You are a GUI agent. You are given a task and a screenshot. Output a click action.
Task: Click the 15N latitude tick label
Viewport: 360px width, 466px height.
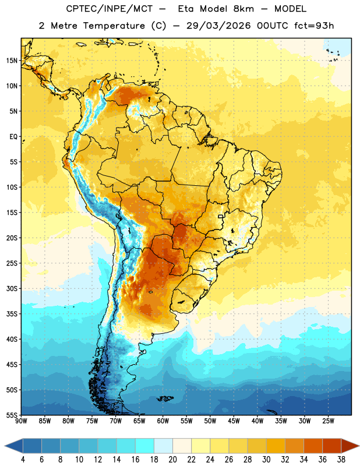pyautogui.click(x=12, y=61)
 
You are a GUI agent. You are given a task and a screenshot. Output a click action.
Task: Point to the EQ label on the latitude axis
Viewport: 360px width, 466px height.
pyautogui.click(x=13, y=137)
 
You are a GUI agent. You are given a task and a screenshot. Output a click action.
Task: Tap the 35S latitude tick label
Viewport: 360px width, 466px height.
pyautogui.click(x=12, y=314)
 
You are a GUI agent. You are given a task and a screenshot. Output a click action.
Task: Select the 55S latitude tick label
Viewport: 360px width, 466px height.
pyautogui.click(x=12, y=415)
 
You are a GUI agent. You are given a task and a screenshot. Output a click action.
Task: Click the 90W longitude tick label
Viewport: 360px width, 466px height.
pyautogui.click(x=21, y=421)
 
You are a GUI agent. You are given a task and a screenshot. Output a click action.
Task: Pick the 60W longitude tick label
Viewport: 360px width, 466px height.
pyautogui.click(x=163, y=421)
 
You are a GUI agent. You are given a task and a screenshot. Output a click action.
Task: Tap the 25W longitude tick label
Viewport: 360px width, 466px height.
pyautogui.click(x=328, y=421)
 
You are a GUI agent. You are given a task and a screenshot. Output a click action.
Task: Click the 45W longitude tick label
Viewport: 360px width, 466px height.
pyautogui.click(x=234, y=421)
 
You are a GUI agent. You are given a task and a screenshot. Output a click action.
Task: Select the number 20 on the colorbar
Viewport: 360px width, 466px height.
pyautogui.click(x=172, y=460)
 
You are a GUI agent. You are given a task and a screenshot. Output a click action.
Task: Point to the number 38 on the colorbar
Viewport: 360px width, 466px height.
pyautogui.click(x=341, y=460)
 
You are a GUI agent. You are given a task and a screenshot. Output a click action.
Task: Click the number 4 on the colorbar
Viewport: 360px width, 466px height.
pyautogui.click(x=23, y=460)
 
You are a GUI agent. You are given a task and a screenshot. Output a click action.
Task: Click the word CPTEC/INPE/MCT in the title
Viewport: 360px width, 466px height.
pyautogui.click(x=109, y=9)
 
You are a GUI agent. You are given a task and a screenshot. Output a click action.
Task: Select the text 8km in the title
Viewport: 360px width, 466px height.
pyautogui.click(x=243, y=9)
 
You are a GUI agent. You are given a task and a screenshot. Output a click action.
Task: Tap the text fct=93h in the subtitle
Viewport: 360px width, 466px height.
pyautogui.click(x=314, y=26)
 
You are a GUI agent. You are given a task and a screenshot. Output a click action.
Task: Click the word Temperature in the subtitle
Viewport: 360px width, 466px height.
pyautogui.click(x=114, y=26)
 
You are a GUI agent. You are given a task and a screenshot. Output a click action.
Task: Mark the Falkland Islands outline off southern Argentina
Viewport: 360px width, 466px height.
pyautogui.click(x=165, y=398)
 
